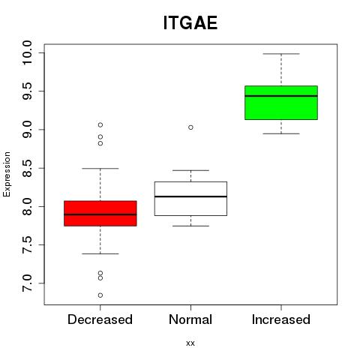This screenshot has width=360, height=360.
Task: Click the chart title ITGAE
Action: [x=190, y=23]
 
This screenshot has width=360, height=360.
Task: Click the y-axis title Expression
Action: [x=7, y=174]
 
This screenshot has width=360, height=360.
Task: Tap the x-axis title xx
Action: [x=190, y=343]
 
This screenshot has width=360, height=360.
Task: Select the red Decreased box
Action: [x=100, y=214]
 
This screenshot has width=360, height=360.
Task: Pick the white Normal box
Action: [x=190, y=199]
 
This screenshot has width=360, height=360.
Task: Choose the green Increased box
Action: [x=281, y=103]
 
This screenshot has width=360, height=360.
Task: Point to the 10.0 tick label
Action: [x=26, y=52]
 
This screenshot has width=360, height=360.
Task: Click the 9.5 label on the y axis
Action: [x=26, y=91]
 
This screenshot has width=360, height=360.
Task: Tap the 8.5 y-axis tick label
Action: [x=26, y=168]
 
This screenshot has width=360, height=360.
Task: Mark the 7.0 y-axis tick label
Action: [x=26, y=283]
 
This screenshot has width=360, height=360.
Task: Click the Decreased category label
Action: [x=100, y=319]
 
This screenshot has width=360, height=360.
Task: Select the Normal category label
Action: [x=190, y=319]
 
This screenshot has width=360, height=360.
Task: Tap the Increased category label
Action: [x=281, y=319]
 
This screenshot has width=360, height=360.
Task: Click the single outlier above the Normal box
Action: [x=190, y=127]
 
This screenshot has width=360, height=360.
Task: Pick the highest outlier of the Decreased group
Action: [x=100, y=124]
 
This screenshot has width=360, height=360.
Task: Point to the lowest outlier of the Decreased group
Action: [x=100, y=295]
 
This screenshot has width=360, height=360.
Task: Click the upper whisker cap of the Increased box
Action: [x=281, y=54]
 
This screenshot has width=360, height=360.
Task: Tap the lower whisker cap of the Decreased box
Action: [x=100, y=253]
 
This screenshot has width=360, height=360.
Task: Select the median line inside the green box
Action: [x=281, y=96]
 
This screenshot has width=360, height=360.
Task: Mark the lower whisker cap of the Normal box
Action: [x=190, y=226]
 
